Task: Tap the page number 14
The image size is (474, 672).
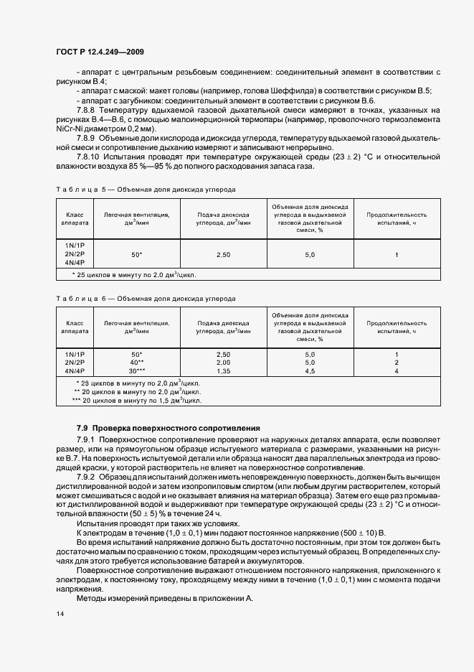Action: pos(60,613)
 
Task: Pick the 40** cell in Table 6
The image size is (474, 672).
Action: pos(136,363)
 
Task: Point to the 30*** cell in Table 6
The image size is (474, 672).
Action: pos(136,371)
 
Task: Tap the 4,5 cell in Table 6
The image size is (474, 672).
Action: pos(310,371)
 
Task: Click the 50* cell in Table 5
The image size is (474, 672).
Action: pos(136,255)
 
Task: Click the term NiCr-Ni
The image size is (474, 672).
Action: pos(68,128)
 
